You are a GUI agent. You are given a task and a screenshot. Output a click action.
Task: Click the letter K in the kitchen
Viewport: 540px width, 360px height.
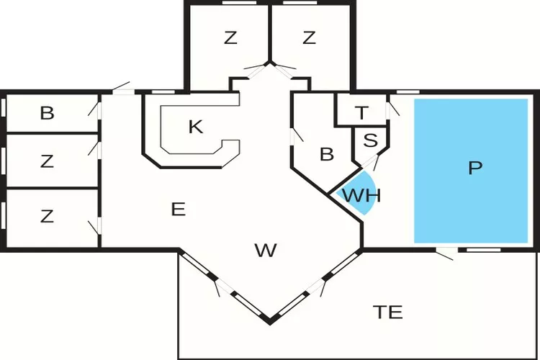195,127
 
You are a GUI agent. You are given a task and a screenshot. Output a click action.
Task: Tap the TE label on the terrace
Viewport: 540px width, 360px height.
387,312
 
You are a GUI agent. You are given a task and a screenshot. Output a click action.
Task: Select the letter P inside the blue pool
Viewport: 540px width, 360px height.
474,168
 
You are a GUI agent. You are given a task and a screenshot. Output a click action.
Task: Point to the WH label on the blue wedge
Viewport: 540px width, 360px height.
361,194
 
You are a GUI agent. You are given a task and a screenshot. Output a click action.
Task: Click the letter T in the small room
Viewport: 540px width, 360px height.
361,112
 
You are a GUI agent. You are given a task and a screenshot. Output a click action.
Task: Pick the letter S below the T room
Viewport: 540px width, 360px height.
370,140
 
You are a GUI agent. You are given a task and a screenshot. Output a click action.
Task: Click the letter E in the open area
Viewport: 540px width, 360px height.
179,210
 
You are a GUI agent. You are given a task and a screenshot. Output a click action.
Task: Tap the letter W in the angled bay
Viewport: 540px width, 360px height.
266,251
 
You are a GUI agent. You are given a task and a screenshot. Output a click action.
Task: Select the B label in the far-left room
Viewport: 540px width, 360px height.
47,113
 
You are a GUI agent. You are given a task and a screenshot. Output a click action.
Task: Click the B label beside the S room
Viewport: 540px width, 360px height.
326,154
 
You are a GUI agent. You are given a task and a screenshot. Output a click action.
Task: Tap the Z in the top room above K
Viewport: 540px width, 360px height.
230,38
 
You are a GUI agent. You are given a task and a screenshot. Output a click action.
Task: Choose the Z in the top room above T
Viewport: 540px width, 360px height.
309,38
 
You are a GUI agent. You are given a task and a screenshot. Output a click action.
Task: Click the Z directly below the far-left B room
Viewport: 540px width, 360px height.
47,161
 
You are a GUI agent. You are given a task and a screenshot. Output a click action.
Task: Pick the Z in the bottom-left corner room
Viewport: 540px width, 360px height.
47,215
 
